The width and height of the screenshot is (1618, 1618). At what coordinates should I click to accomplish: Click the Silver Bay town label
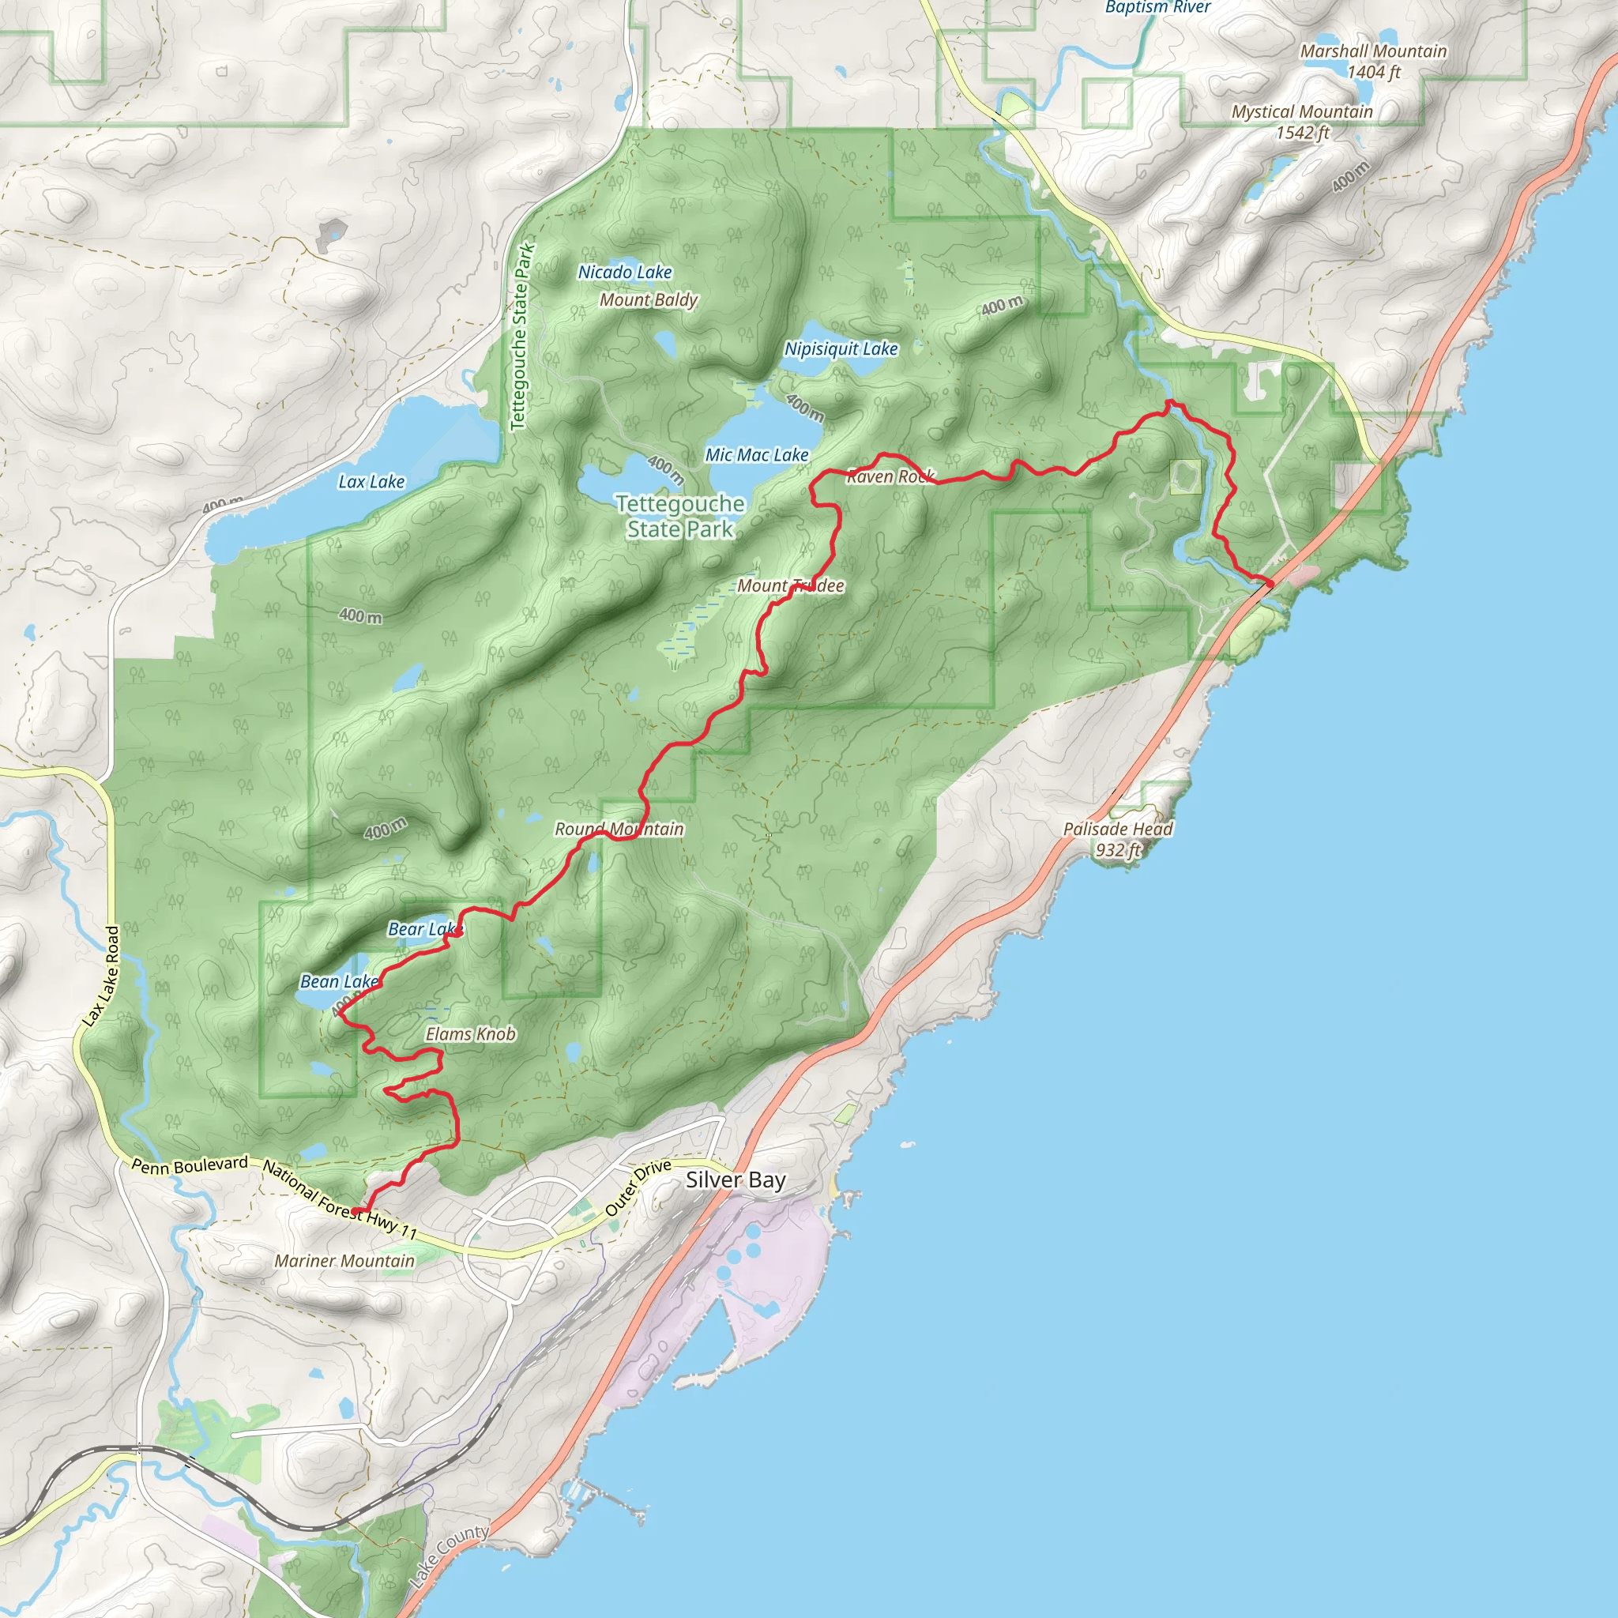click(x=736, y=1180)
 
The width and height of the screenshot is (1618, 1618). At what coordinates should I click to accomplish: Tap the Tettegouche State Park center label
click(x=680, y=517)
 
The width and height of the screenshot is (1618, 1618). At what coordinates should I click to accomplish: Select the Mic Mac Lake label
click(x=756, y=455)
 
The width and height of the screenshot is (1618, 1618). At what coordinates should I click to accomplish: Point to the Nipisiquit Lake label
click(x=841, y=348)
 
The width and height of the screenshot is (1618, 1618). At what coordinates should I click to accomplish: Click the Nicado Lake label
click(x=625, y=273)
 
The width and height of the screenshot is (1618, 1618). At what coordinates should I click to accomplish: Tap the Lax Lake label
click(x=371, y=482)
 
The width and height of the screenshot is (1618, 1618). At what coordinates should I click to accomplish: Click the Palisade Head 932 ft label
click(x=1117, y=839)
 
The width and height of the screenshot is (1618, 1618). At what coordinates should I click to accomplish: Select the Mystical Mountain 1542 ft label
click(x=1301, y=122)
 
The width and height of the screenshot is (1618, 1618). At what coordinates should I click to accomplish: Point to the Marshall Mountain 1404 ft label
click(x=1372, y=61)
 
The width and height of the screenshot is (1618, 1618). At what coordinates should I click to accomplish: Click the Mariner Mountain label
click(x=344, y=1260)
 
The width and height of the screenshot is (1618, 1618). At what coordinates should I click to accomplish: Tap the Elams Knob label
click(x=470, y=1034)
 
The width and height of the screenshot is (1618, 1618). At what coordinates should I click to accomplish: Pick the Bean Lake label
click(x=339, y=981)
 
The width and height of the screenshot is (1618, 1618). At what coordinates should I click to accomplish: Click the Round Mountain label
click(x=619, y=829)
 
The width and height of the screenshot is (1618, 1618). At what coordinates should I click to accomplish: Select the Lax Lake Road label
click(x=101, y=976)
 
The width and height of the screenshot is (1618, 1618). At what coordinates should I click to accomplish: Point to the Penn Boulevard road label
click(x=190, y=1165)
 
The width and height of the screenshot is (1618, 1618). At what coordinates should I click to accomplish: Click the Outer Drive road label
click(x=638, y=1187)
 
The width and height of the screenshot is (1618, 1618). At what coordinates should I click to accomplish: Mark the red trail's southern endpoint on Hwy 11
click(x=356, y=1211)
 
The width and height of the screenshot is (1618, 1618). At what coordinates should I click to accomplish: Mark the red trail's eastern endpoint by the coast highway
click(x=1270, y=583)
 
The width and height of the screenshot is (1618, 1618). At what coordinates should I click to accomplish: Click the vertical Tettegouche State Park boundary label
click(x=521, y=337)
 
